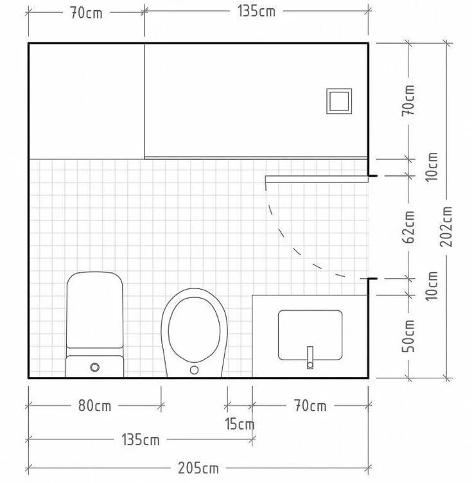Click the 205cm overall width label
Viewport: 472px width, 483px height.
click(x=198, y=468)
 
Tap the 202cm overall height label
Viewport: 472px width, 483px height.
click(x=446, y=227)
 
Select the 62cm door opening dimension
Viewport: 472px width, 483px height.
click(x=408, y=227)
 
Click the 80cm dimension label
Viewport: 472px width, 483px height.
click(x=94, y=406)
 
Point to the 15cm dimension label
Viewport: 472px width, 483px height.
click(x=240, y=424)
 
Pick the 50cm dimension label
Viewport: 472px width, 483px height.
click(x=408, y=336)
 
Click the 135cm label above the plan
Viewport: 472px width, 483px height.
click(x=256, y=12)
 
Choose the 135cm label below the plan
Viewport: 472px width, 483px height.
click(x=141, y=439)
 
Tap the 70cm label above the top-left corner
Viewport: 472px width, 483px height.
click(x=86, y=13)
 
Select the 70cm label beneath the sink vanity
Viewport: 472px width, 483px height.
click(x=310, y=406)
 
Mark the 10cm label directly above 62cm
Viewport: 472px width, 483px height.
click(x=432, y=167)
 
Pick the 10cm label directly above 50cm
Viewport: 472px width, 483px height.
click(x=432, y=286)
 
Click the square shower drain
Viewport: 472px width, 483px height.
click(x=339, y=101)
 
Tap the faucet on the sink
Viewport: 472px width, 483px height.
click(x=310, y=358)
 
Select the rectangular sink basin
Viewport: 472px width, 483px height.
click(x=310, y=335)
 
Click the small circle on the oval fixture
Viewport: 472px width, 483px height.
click(x=194, y=370)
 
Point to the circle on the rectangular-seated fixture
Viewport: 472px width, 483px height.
click(x=95, y=367)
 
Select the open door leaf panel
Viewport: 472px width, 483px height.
click(x=317, y=179)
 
